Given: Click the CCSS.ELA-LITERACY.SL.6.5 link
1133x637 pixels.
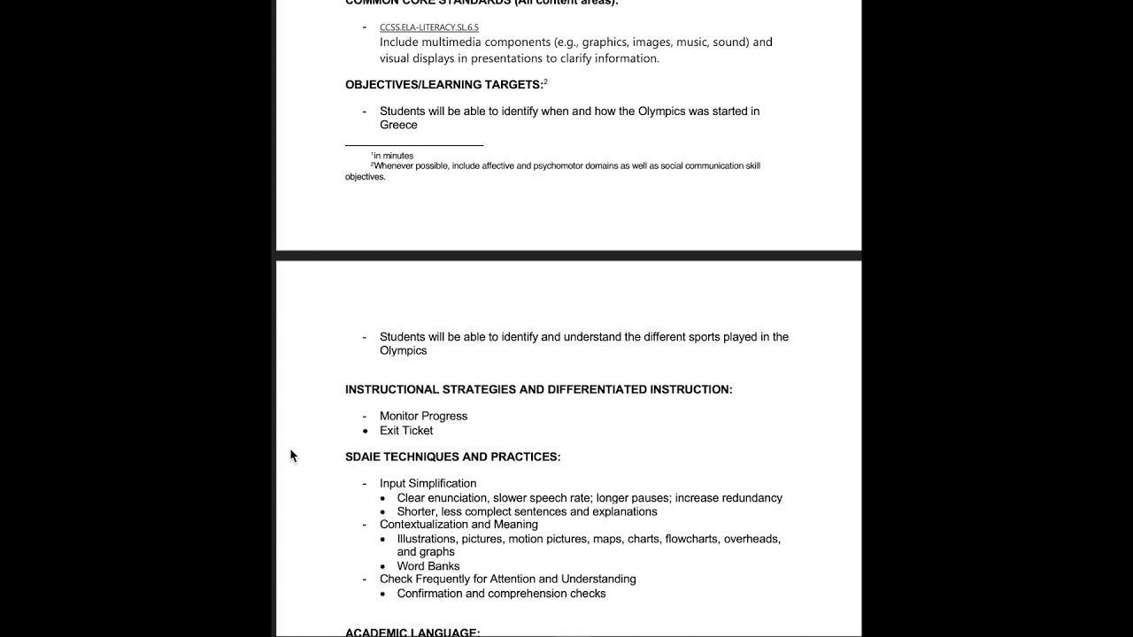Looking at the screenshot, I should (x=429, y=27).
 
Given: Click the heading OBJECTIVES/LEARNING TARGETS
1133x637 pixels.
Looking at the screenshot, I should (x=443, y=85).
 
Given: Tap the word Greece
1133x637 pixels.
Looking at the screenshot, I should (x=398, y=125).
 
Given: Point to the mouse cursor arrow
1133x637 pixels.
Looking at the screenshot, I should (x=293, y=455).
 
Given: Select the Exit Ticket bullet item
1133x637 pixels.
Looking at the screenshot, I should (x=406, y=431).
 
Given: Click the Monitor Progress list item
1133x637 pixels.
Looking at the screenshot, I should (x=423, y=416).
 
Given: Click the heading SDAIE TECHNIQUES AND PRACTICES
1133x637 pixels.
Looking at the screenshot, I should (x=452, y=457).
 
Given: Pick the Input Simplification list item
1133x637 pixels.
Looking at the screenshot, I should (x=428, y=483).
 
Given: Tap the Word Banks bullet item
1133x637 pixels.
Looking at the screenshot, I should (x=428, y=566).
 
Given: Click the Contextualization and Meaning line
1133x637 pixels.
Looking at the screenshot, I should (x=459, y=524).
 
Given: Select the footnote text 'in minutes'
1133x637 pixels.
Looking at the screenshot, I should (x=393, y=156).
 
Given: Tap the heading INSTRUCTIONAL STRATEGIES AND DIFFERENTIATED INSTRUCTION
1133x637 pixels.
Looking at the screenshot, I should (x=538, y=389).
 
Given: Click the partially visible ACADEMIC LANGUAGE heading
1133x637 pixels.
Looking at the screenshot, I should (x=412, y=633).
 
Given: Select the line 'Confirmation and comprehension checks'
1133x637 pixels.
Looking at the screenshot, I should (x=501, y=594).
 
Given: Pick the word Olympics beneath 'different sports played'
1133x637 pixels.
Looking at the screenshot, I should (x=403, y=350).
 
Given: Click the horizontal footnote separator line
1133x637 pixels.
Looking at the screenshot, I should (x=413, y=145).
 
